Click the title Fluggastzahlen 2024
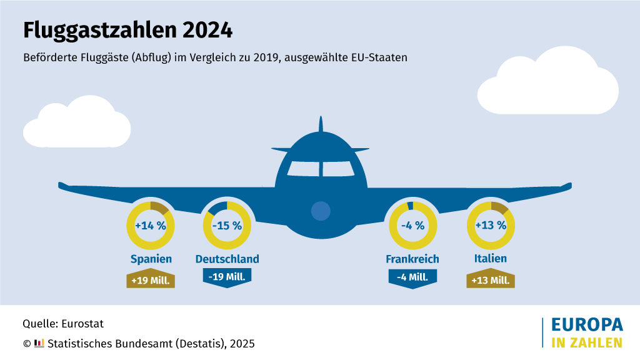(x=127, y=30)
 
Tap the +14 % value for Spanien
(x=151, y=226)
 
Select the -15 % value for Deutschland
(x=227, y=226)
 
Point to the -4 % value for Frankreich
(x=412, y=226)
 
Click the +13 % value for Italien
(x=491, y=226)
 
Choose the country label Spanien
(x=151, y=259)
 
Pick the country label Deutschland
(x=227, y=259)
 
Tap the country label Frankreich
(x=412, y=259)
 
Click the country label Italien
(x=491, y=258)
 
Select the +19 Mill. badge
(x=151, y=280)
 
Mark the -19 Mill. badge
(x=227, y=277)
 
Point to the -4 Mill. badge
(x=412, y=277)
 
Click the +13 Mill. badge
(x=491, y=280)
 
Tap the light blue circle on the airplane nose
(x=320, y=211)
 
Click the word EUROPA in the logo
(x=587, y=325)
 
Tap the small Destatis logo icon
(x=39, y=342)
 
